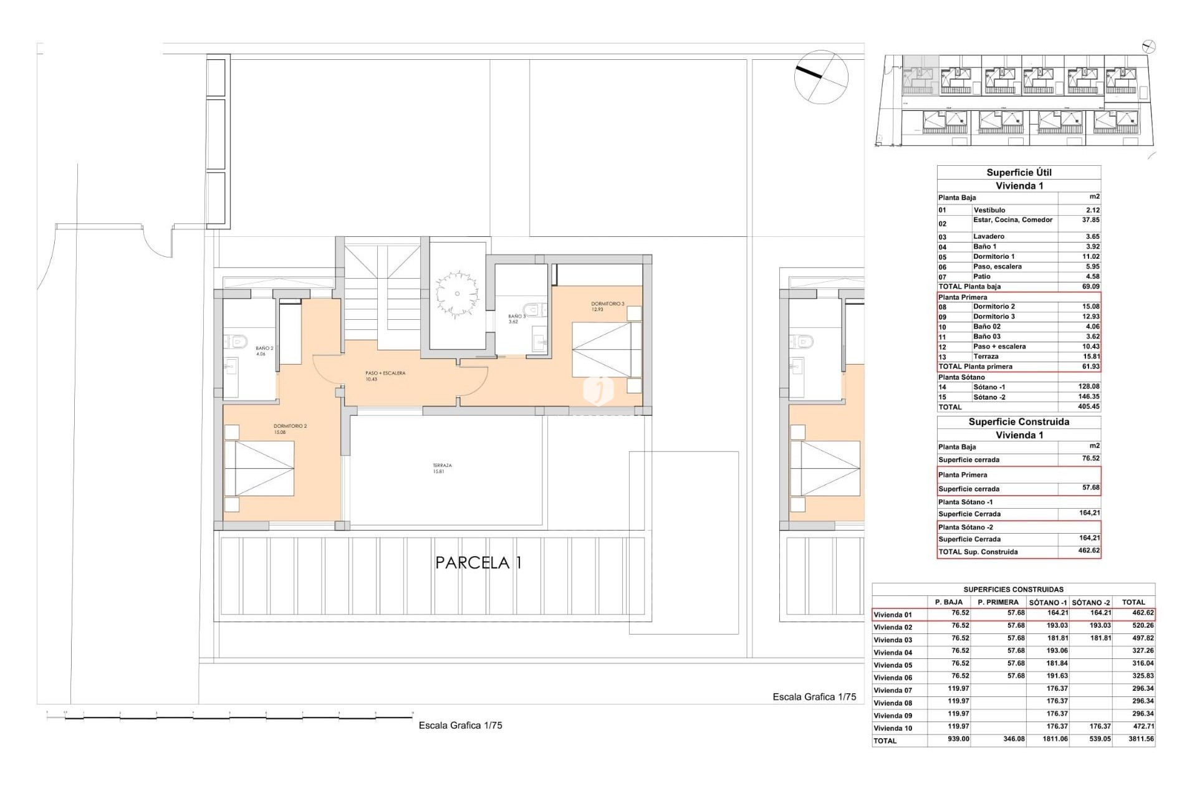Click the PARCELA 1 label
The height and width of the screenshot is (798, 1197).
(x=478, y=563)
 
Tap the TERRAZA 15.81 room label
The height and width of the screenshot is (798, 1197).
(x=442, y=468)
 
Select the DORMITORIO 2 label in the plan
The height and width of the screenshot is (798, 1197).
(x=290, y=429)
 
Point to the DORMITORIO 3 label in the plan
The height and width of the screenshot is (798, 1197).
(x=607, y=306)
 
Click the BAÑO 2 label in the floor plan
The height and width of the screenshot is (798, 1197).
(x=264, y=351)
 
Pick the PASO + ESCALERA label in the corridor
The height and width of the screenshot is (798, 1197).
(x=385, y=376)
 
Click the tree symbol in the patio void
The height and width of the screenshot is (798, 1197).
(x=457, y=294)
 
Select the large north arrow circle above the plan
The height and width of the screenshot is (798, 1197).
(x=821, y=77)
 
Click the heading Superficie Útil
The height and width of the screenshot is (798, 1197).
(x=1019, y=173)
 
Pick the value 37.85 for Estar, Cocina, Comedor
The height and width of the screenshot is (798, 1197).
(x=1090, y=220)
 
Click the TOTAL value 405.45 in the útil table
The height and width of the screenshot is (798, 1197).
(x=1089, y=406)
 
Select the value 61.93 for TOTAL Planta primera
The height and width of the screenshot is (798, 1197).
(x=1090, y=367)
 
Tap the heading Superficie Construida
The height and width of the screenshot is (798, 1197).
(x=1019, y=422)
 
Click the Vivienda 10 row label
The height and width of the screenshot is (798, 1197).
(x=893, y=728)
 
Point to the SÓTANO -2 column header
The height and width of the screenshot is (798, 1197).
(x=1091, y=602)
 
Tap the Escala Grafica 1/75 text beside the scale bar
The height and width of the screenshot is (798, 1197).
(x=460, y=725)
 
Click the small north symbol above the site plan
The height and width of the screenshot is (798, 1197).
(x=1149, y=46)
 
